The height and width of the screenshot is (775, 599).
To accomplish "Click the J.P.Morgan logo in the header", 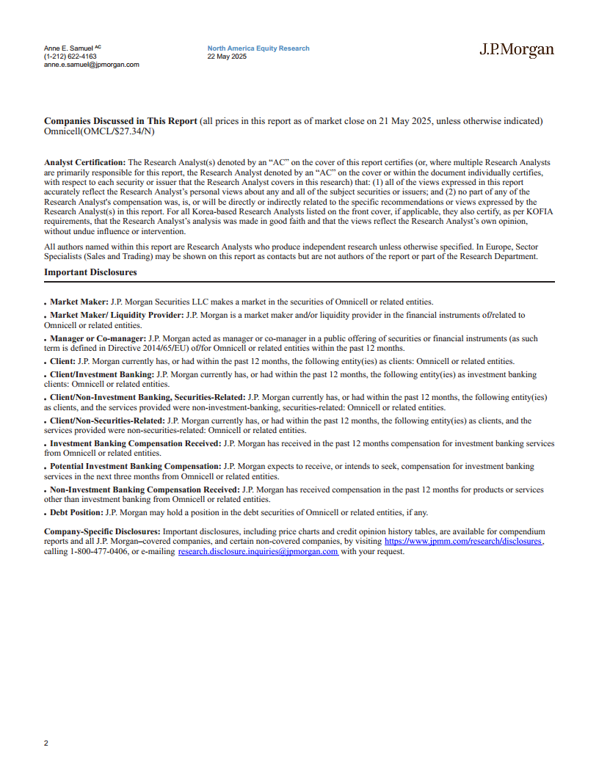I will point(517,50).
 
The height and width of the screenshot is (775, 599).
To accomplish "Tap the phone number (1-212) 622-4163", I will point(70,57).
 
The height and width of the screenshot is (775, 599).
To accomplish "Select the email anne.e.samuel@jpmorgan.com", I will point(91,65).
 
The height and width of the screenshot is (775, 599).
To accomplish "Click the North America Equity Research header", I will point(258,48).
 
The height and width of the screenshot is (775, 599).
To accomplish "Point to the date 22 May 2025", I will point(227,57).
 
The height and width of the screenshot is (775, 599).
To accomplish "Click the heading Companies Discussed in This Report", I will point(120,121).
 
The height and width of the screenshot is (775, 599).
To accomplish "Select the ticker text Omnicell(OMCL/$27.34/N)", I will point(99,131).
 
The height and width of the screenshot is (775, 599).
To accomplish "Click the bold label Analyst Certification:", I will point(85,161).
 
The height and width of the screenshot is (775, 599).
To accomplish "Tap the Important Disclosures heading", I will point(90,273).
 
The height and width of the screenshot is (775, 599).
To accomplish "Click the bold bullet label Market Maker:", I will point(79,302).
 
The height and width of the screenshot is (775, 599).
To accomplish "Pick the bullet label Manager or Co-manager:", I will point(98,338).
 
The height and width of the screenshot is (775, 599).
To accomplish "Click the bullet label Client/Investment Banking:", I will point(102,374).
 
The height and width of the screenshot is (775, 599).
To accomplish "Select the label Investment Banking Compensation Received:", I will point(135,443).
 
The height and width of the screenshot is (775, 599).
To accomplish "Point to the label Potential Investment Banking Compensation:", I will point(135,466).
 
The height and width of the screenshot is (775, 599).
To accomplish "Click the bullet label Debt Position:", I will point(76,512).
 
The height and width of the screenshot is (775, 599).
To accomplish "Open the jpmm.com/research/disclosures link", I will point(463,541).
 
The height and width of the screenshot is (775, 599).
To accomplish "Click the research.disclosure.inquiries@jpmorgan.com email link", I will point(258,551).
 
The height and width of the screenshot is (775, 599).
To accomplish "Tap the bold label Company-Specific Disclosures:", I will point(102,531).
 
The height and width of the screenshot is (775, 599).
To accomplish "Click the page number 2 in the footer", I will point(46,743).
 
